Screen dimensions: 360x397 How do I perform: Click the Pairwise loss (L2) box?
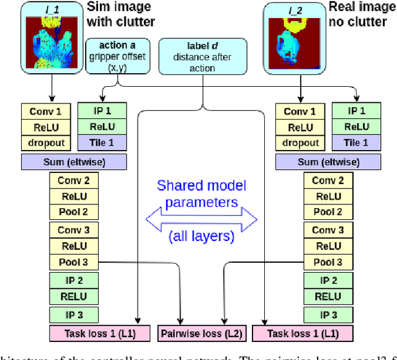pos(202,334)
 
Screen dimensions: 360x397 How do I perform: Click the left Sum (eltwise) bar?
pos(74,162)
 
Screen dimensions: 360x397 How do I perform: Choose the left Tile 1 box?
pos(102,142)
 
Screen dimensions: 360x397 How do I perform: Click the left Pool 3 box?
pos(74,262)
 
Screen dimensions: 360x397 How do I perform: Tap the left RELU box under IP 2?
pos(74,296)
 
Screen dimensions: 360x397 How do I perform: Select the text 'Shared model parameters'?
pos(202,194)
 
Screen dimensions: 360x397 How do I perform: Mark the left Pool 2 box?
pos(74,212)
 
